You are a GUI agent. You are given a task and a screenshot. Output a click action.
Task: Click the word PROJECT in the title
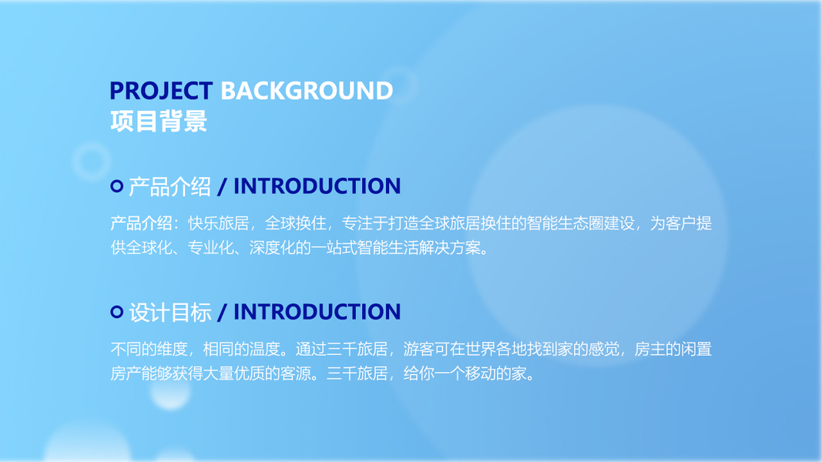[161, 91]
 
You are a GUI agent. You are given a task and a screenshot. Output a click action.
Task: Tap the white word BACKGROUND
[307, 91]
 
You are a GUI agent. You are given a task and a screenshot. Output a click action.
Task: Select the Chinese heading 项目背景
[159, 121]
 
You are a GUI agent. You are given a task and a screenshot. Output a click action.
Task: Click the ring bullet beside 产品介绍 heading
[117, 186]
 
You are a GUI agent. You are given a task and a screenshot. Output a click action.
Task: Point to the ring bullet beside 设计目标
[117, 312]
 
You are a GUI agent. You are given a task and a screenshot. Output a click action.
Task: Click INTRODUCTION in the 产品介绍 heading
[317, 186]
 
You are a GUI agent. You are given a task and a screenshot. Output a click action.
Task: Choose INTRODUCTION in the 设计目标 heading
[317, 312]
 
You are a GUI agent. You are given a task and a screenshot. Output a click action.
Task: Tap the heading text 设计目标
[169, 312]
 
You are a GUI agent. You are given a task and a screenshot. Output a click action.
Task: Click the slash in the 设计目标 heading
[223, 312]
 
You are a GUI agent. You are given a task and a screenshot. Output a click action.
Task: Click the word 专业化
[210, 247]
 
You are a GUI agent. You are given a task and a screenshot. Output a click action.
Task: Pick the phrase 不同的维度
[149, 349]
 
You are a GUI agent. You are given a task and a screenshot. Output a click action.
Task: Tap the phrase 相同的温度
[241, 349]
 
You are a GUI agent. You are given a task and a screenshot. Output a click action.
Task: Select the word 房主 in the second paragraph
[649, 349]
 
